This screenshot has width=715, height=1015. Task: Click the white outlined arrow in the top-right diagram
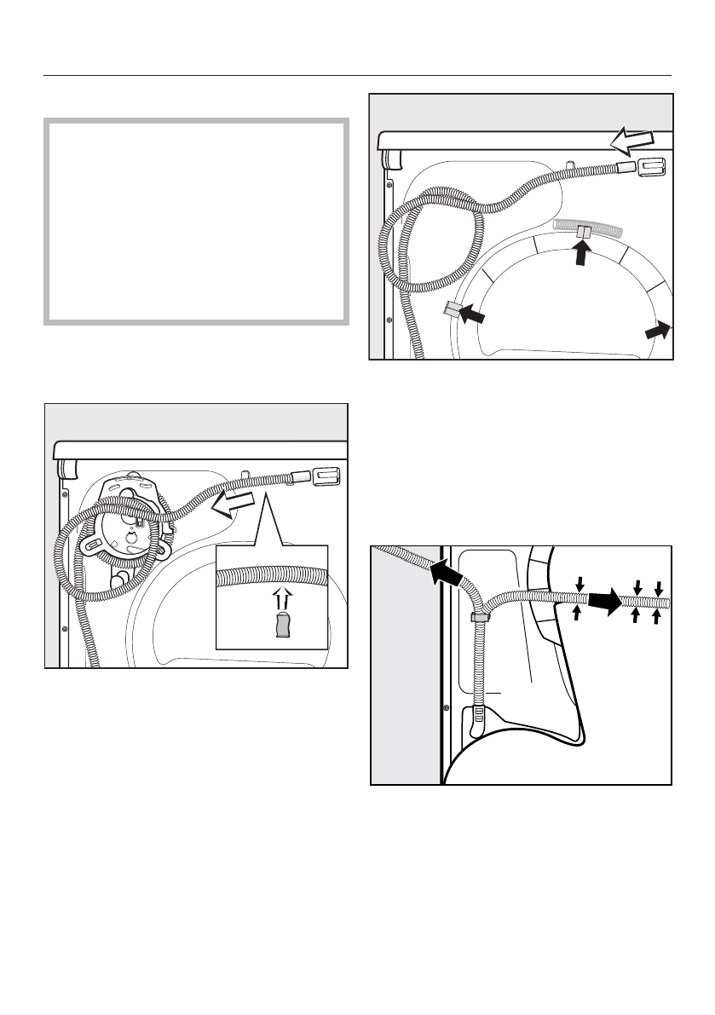coord(631,137)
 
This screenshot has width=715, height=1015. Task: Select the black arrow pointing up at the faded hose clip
coord(582,251)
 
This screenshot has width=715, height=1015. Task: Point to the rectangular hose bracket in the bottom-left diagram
coord(329,476)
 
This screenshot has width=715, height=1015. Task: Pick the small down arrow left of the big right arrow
coord(579,583)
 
